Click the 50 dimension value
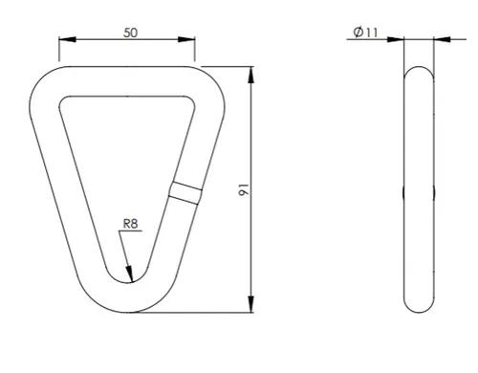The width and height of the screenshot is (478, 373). tap(131, 33)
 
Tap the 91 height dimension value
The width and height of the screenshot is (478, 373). tap(244, 189)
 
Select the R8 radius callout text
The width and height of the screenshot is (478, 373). tap(130, 224)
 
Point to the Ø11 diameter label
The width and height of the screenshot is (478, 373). tap(365, 32)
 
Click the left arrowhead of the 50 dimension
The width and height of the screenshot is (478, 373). tap(68, 39)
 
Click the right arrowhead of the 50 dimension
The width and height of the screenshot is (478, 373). tap(186, 39)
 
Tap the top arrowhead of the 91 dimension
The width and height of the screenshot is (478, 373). tap(251, 75)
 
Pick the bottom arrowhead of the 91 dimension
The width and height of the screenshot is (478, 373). tap(251, 304)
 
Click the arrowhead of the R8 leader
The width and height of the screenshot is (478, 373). tap(129, 274)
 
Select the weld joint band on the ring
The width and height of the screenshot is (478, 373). tap(185, 193)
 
